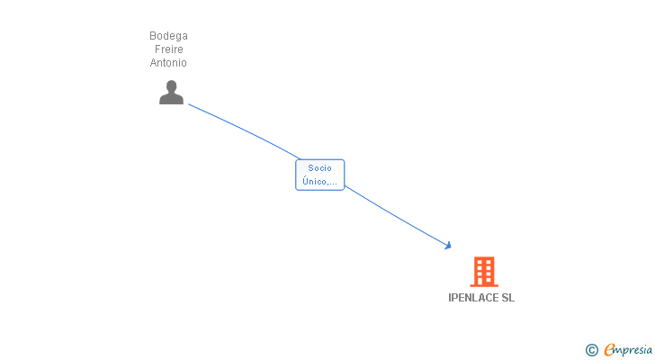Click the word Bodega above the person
tap(168, 36)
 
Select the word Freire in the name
tap(168, 49)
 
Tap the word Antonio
tap(168, 63)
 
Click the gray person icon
tap(171, 92)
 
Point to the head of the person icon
tap(171, 86)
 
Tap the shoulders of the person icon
tap(171, 99)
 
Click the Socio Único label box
tap(319, 175)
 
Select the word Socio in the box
tap(319, 168)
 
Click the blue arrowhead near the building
tap(447, 244)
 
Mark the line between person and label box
tap(243, 130)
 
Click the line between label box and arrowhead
tap(396, 215)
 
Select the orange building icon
tap(483, 272)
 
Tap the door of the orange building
tap(483, 280)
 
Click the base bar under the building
tap(483, 285)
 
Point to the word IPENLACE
tap(473, 298)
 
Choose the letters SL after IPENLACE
tap(508, 298)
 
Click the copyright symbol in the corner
tap(591, 350)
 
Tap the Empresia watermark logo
tap(628, 349)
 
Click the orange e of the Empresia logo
tap(609, 350)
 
